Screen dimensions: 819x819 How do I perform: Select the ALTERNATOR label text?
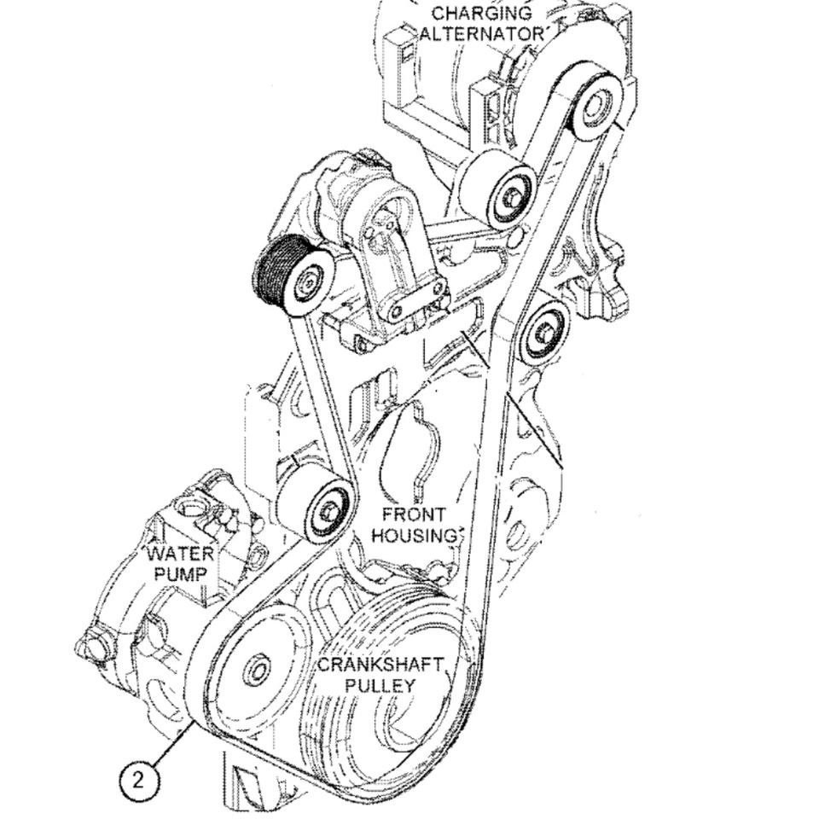coord(483,34)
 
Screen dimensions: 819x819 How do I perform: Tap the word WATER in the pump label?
coord(180,553)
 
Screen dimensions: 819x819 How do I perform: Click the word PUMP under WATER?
coord(180,573)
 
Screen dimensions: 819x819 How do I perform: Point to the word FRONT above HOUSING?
coord(414,515)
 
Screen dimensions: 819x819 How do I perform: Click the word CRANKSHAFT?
coord(381,665)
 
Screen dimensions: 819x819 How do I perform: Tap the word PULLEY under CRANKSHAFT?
coord(381,685)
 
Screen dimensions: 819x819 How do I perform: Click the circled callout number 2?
coord(140,777)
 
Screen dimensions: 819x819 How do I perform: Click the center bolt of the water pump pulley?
coord(256,671)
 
